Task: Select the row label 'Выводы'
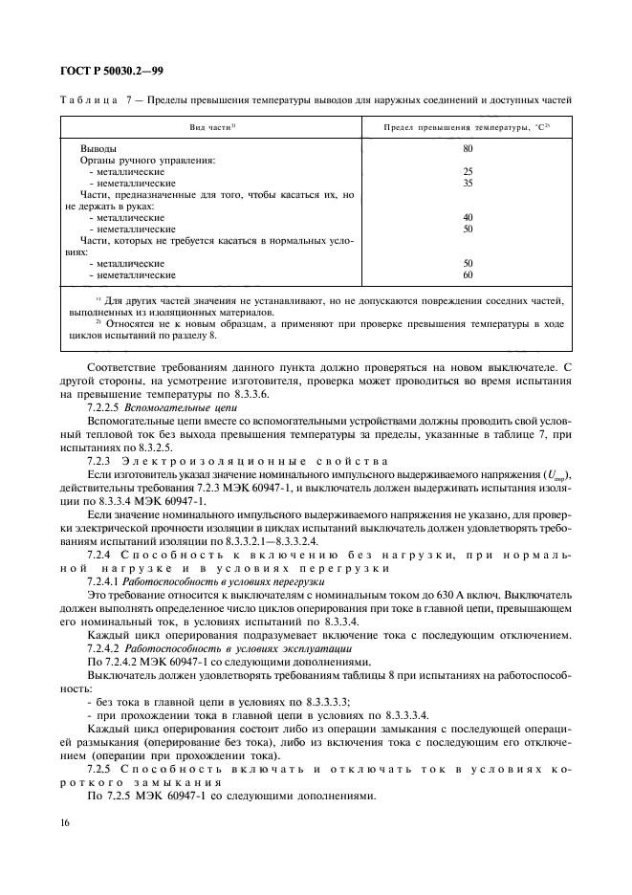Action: click(x=99, y=149)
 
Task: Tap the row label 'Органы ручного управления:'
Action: click(x=147, y=161)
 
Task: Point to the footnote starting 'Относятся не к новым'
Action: click(x=316, y=323)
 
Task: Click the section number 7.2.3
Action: click(x=99, y=461)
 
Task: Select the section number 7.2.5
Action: click(x=99, y=767)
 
